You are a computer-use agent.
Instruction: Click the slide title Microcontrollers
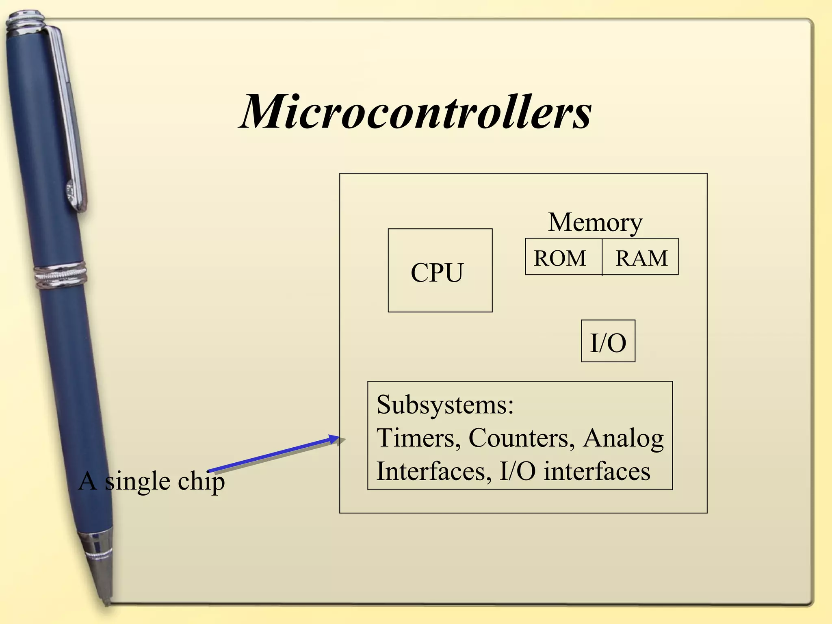(x=415, y=111)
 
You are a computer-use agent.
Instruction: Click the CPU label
(x=437, y=272)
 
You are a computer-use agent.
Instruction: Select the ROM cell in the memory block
(x=560, y=258)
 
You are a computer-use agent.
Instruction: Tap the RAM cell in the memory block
(x=641, y=258)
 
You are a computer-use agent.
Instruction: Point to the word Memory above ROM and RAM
(x=595, y=222)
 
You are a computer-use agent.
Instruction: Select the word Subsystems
(x=445, y=405)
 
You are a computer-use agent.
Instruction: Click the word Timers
(x=418, y=438)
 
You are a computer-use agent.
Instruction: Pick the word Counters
(x=521, y=438)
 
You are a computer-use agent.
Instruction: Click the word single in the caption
(x=138, y=482)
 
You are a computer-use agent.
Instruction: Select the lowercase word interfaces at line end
(x=597, y=471)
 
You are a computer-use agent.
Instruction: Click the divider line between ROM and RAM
(x=602, y=257)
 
